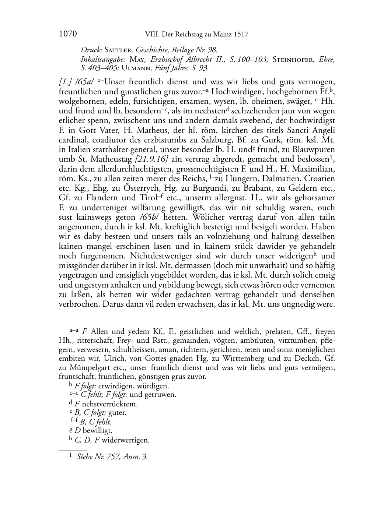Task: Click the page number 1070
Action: pyautogui.click(x=68, y=34)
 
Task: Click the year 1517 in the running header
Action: pyautogui.click(x=241, y=35)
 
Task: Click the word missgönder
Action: pyautogui.click(x=77, y=265)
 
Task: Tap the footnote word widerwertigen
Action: pyautogui.click(x=126, y=440)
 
